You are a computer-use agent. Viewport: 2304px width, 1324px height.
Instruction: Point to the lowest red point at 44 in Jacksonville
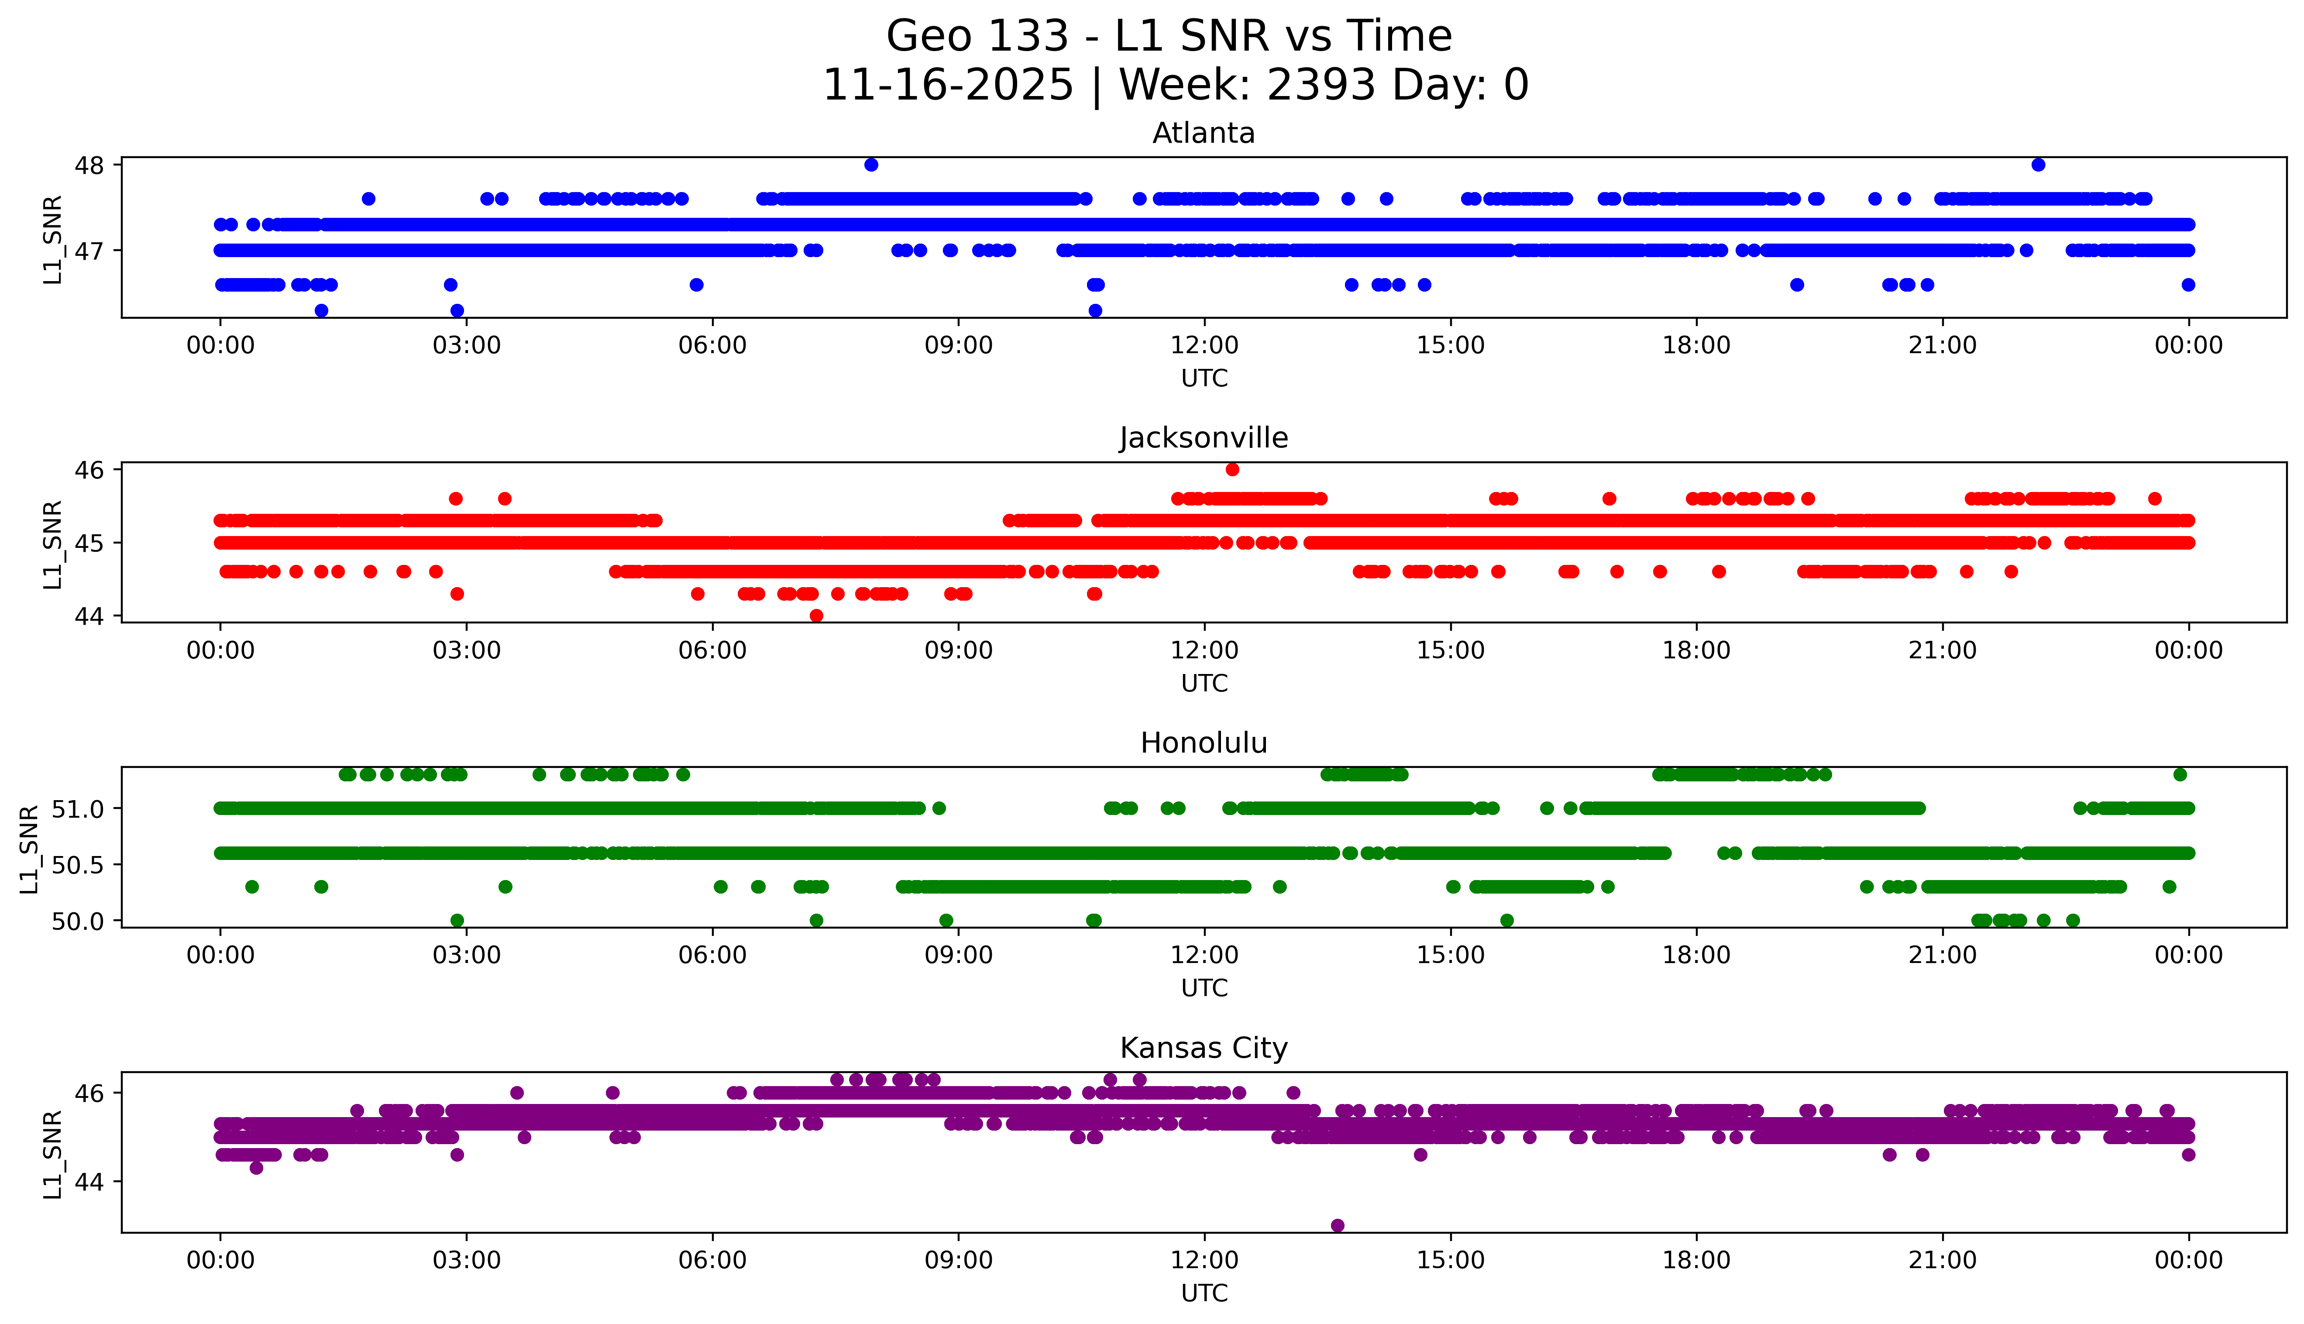(816, 616)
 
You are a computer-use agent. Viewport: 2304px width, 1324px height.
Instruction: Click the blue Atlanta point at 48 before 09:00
(871, 165)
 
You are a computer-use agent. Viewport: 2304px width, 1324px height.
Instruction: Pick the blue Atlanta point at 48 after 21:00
(2039, 165)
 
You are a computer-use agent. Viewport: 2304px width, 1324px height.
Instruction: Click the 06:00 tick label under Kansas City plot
(712, 1260)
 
